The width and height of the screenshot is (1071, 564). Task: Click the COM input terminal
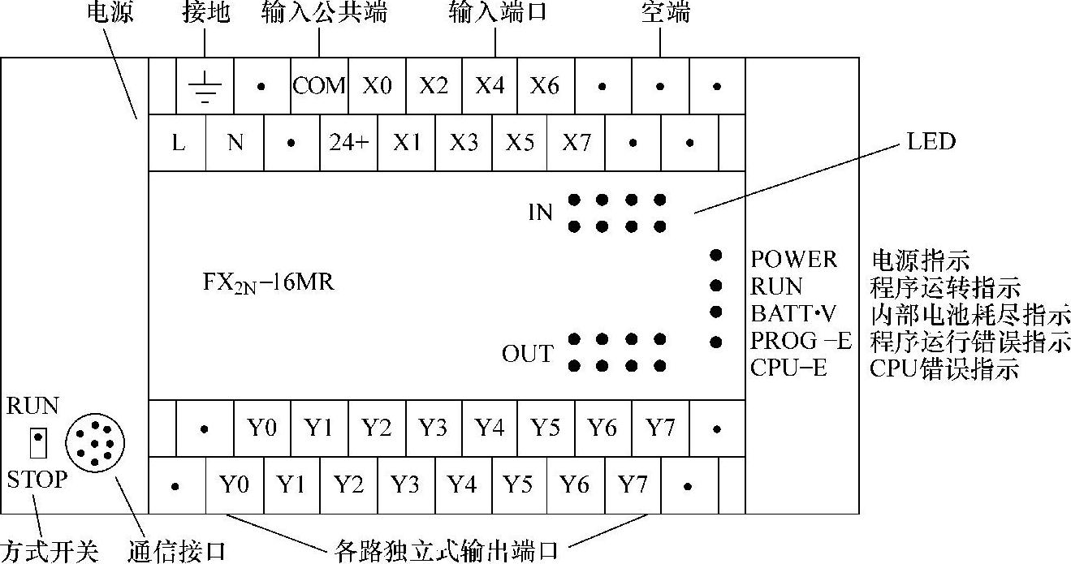pos(319,86)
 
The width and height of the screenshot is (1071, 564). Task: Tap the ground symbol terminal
pos(205,86)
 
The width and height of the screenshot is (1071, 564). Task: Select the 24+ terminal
pos(348,143)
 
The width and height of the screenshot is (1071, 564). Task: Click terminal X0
pos(377,86)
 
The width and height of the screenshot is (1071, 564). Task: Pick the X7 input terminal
pos(577,143)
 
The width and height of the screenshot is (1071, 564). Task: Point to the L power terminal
pos(177,143)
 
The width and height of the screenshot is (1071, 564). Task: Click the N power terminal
pos(235,143)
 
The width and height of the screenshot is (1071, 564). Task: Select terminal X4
pos(490,86)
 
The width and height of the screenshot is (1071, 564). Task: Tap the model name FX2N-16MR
pos(268,282)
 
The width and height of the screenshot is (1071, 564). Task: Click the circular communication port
pos(95,443)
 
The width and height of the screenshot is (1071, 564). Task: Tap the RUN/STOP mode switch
pos(38,443)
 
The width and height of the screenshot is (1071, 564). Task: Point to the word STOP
pos(37,479)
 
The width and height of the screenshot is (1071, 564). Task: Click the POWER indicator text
pos(793,259)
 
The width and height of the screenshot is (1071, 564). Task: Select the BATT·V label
pos(793,313)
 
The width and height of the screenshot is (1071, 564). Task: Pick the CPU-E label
pos(788,368)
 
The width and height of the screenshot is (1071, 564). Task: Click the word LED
pos(931,141)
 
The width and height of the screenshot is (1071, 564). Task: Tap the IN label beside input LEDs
pos(540,213)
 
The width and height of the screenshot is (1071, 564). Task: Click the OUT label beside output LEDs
pos(528,354)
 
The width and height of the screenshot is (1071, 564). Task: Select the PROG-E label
pos(801,341)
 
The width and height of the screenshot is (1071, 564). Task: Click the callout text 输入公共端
pos(324,12)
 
